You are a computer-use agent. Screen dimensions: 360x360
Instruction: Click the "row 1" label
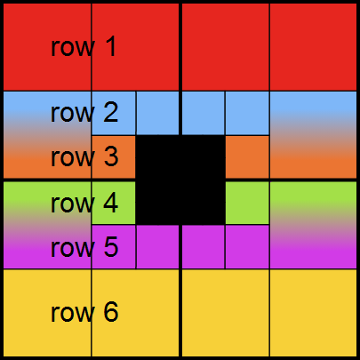(x=84, y=47)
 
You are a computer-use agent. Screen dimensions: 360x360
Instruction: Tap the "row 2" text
(x=84, y=113)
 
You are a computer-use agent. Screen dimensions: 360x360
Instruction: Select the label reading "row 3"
(x=84, y=157)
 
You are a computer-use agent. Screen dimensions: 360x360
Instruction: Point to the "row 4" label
(x=84, y=204)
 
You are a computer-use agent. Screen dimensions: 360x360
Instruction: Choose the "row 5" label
(x=84, y=247)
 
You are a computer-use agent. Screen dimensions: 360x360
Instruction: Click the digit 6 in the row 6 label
(x=111, y=312)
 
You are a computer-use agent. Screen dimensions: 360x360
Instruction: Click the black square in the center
(x=180, y=180)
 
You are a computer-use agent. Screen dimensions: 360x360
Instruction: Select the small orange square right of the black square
(x=247, y=157)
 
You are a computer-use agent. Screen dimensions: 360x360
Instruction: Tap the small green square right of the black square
(x=247, y=203)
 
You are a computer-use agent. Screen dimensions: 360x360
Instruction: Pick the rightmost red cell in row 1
(x=313, y=47)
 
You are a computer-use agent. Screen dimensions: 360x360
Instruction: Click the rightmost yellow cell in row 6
(x=313, y=313)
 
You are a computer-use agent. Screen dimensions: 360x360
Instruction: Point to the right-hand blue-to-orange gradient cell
(x=313, y=135)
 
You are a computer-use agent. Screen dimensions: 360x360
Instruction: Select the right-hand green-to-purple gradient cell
(x=313, y=225)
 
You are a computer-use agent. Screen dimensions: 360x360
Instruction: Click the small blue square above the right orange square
(x=247, y=113)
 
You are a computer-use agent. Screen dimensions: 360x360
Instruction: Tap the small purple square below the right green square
(x=247, y=247)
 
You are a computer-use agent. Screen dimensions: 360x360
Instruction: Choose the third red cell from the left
(x=225, y=47)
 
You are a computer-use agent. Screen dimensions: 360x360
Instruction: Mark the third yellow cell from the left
(x=225, y=313)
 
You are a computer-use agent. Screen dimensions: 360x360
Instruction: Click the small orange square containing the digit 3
(x=114, y=157)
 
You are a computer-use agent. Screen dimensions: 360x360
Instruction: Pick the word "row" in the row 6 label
(x=73, y=314)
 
